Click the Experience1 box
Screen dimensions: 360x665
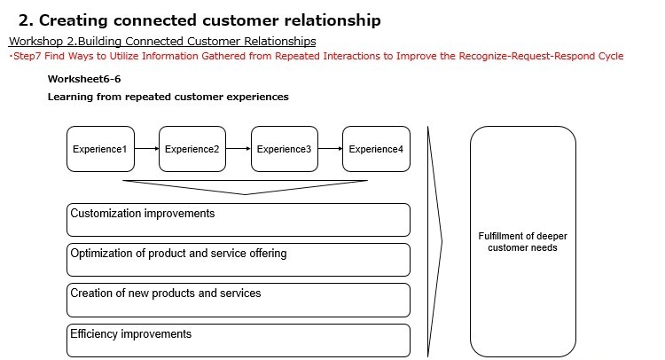[98, 149]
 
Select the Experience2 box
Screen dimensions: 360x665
[191, 149]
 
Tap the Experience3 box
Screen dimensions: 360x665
[283, 149]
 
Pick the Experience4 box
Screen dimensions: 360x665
[375, 149]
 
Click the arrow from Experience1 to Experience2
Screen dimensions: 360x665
[145, 149]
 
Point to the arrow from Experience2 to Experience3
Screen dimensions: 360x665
[237, 149]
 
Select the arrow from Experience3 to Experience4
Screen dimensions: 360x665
[329, 149]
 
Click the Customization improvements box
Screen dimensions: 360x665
[239, 220]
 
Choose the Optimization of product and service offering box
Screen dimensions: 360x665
[239, 260]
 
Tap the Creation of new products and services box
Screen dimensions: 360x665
[239, 300]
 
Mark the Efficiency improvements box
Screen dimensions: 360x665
[239, 340]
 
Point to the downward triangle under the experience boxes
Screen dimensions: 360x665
[245, 186]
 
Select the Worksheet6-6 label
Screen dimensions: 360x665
[84, 79]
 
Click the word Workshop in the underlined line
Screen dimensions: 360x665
[35, 42]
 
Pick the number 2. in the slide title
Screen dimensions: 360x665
[26, 20]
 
